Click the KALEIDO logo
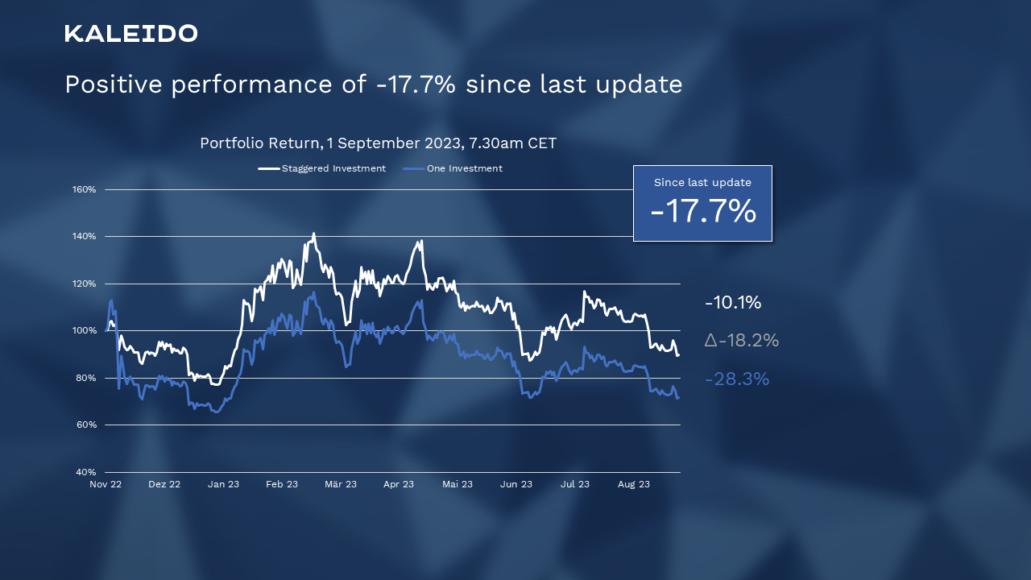click(131, 34)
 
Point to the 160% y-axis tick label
click(85, 190)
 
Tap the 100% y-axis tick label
click(85, 331)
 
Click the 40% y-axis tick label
click(86, 472)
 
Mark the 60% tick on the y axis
click(86, 425)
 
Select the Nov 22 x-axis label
click(106, 484)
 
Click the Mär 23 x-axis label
click(341, 484)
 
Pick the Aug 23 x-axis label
click(634, 484)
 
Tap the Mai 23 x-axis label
click(458, 484)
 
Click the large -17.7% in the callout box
click(703, 212)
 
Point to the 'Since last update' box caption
click(702, 183)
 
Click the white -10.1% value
click(733, 303)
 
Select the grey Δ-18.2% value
click(741, 341)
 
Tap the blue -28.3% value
click(737, 379)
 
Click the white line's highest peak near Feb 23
click(313, 234)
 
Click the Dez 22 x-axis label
click(164, 484)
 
